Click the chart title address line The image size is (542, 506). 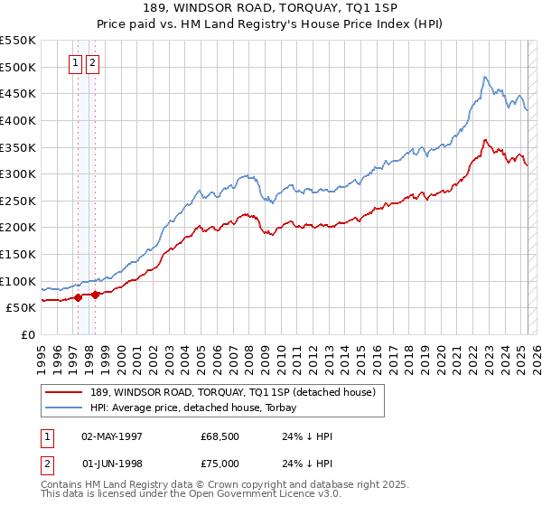[270, 7]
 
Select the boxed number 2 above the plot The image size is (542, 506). [93, 63]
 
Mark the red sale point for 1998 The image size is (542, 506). [95, 295]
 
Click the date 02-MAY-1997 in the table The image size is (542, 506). [112, 437]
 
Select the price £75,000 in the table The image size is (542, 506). [220, 464]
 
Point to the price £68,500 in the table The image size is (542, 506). [220, 437]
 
